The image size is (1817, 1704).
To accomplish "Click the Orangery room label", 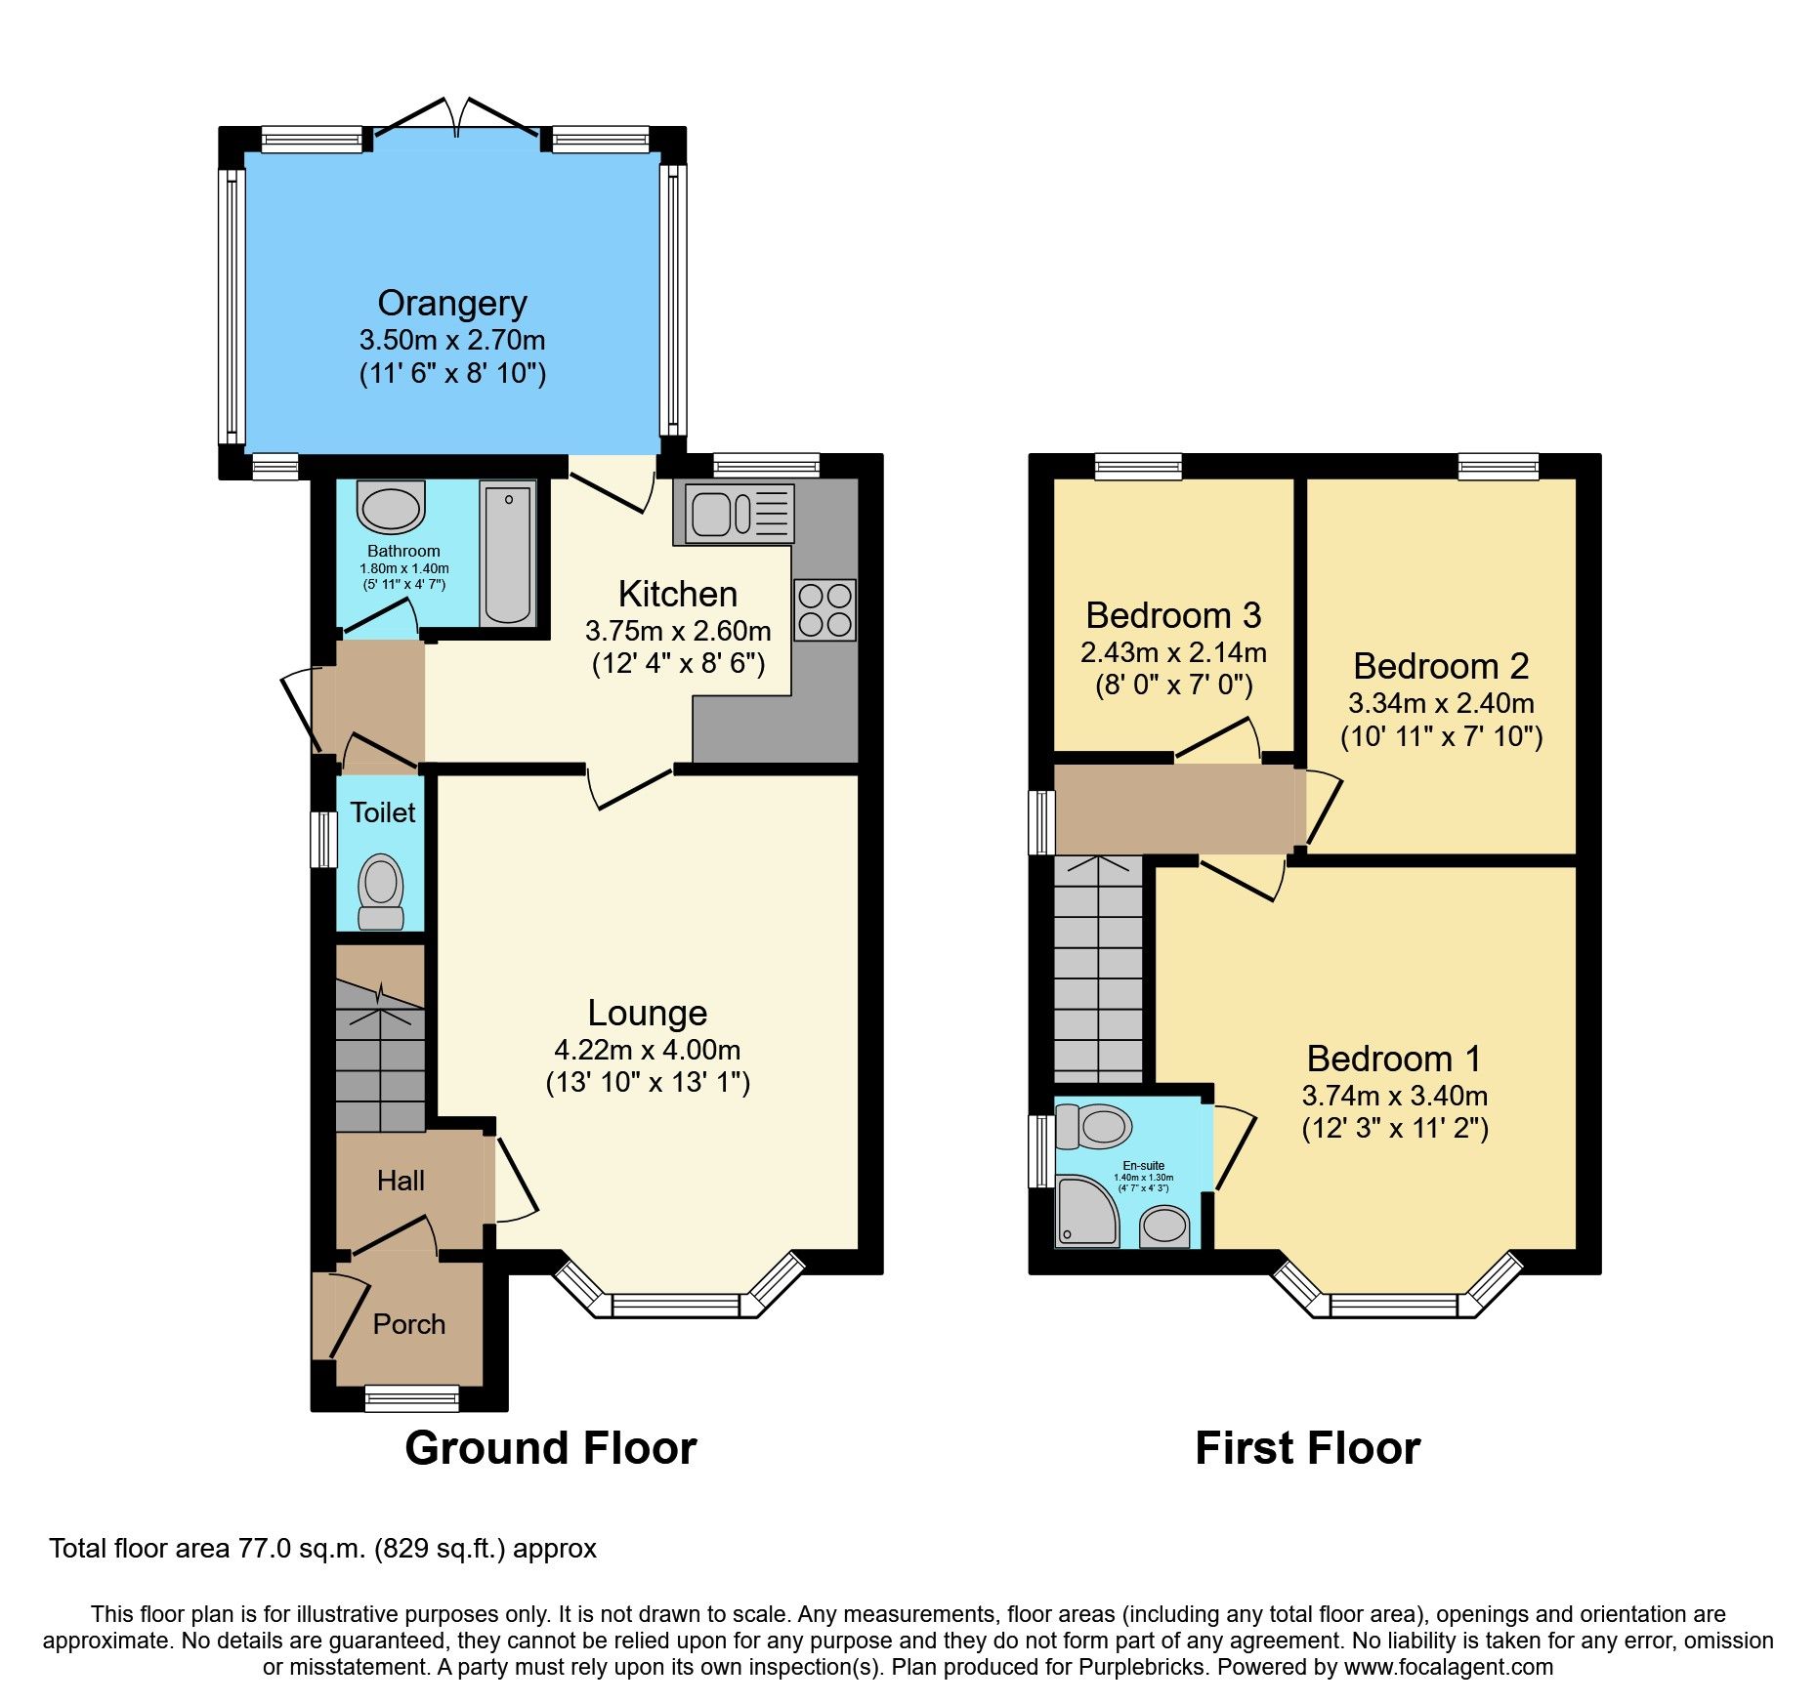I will pos(452,304).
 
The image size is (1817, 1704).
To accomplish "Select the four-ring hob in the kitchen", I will pos(824,609).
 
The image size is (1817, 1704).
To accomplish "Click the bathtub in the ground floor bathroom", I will pos(508,555).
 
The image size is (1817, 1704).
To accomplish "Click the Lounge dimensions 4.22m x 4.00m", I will pos(647,1050).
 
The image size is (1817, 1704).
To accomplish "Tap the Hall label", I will pos(401,1181).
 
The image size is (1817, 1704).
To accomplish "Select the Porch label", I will pos(408,1324).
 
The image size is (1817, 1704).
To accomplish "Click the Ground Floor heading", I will pos(550,1447).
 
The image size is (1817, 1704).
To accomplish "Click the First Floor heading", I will pos(1307,1447).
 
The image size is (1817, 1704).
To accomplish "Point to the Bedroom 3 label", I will pos(1173,615).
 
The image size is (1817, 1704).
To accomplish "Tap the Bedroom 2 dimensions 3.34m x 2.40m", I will pos(1441,703).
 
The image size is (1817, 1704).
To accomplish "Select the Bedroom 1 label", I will pos(1394,1059).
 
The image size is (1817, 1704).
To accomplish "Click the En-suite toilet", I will pos(1094,1126).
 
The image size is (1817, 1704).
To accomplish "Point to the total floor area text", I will pos(322,1549).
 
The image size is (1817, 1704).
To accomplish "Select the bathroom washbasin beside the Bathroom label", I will pos(391,506).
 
